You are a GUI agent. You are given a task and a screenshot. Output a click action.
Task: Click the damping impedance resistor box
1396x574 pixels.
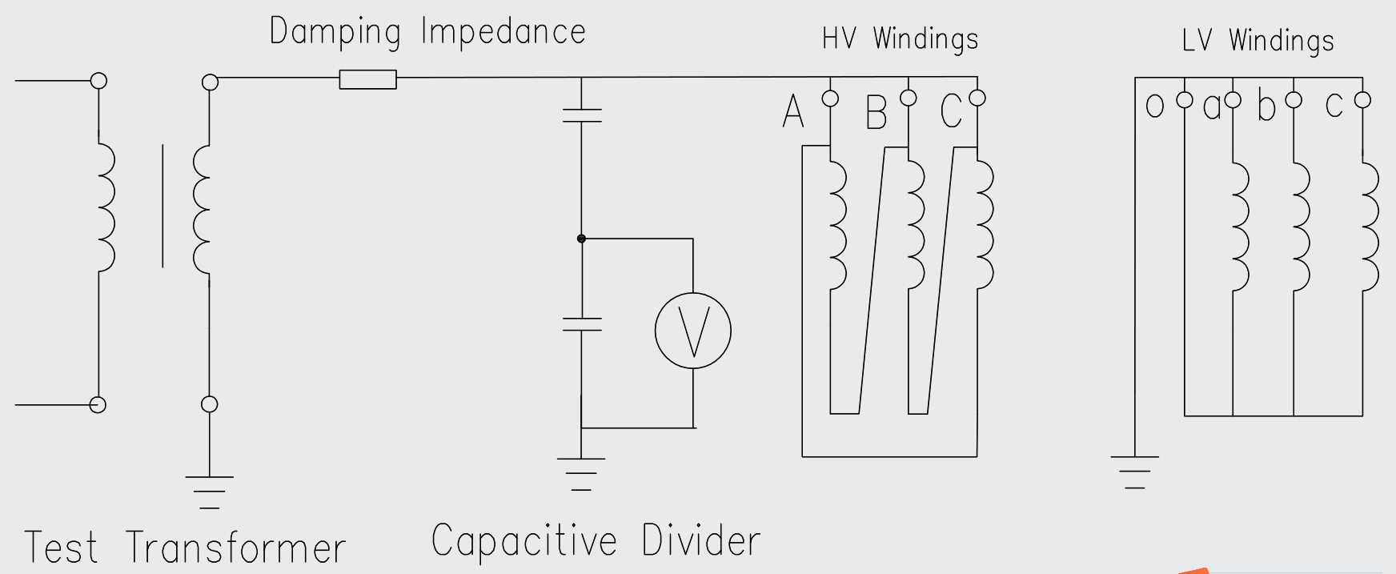click(x=367, y=79)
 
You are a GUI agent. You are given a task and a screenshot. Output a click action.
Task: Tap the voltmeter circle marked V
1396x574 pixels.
click(x=692, y=331)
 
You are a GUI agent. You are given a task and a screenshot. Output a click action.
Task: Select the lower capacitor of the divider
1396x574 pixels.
click(x=582, y=324)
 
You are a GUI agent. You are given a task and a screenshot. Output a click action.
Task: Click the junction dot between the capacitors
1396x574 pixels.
click(x=582, y=239)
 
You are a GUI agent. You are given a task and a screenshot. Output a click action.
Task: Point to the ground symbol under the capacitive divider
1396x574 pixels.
click(x=581, y=473)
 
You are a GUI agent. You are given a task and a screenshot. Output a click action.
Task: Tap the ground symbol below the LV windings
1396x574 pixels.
click(x=1134, y=472)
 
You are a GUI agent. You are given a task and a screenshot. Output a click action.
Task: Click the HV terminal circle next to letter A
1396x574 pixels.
click(x=830, y=98)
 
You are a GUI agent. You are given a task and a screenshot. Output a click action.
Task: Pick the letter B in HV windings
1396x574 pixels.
click(x=877, y=113)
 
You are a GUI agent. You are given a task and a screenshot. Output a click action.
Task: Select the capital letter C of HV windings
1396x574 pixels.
click(x=951, y=111)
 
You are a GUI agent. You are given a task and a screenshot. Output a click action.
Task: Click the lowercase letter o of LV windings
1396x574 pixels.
click(x=1154, y=106)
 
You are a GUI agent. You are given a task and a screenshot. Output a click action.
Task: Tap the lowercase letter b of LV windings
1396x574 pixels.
click(x=1266, y=106)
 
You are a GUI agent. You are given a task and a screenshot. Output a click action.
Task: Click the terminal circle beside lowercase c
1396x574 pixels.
click(x=1362, y=100)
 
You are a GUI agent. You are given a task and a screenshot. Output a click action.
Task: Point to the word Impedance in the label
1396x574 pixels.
click(x=503, y=33)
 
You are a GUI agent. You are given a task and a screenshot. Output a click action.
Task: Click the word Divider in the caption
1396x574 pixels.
click(x=700, y=540)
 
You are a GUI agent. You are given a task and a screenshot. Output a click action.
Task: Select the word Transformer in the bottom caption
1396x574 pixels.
click(x=236, y=548)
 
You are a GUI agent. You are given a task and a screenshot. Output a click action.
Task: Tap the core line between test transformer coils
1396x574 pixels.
click(x=162, y=206)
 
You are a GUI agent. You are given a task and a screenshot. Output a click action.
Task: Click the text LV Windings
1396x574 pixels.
click(x=1258, y=40)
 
